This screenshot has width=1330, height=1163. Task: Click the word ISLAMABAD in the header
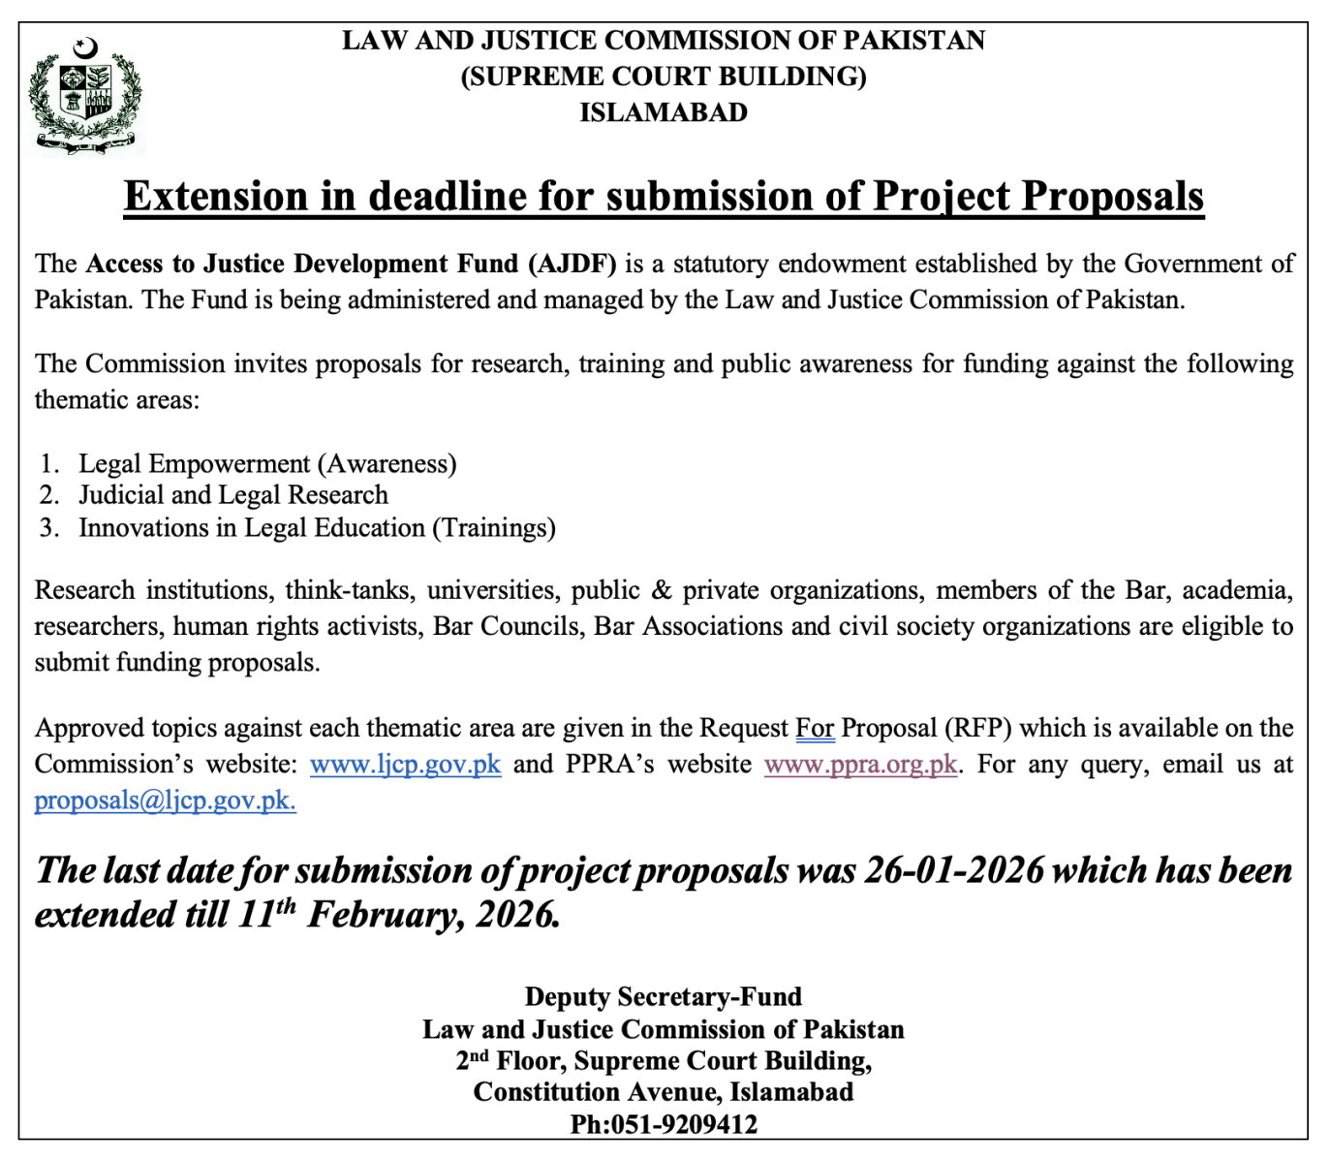(x=664, y=112)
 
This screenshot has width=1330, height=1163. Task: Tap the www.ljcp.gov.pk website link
(x=405, y=765)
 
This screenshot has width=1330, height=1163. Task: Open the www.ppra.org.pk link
(x=860, y=765)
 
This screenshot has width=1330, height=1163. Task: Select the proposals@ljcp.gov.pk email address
(x=165, y=801)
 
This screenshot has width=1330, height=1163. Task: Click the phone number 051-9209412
(x=684, y=1124)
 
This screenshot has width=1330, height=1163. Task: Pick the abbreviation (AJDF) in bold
(x=572, y=264)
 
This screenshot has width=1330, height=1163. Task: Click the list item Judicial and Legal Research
(x=233, y=495)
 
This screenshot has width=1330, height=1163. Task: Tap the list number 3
(x=48, y=528)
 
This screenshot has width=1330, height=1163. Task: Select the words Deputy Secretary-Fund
(x=664, y=996)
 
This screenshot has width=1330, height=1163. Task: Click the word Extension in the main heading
(x=216, y=197)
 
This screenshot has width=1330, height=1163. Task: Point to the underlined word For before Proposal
(x=815, y=728)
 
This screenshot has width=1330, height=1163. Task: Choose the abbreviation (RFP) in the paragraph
(x=977, y=728)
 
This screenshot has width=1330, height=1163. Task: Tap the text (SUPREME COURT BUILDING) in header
(x=664, y=77)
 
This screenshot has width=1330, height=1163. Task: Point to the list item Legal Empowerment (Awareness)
(x=267, y=464)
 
